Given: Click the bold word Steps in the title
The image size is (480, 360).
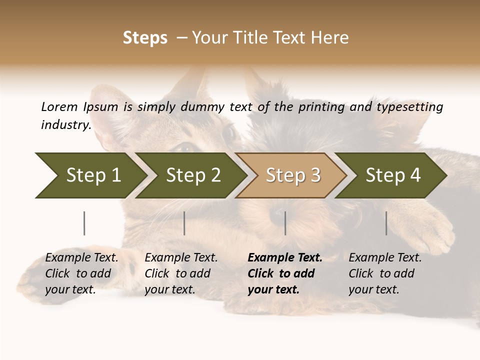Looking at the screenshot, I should [145, 38].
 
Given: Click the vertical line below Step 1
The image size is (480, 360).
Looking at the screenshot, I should [84, 223].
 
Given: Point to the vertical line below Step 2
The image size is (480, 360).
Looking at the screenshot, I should [184, 223].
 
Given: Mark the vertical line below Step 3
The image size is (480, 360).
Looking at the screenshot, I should [285, 223].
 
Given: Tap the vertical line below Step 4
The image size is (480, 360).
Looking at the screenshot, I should [386, 223].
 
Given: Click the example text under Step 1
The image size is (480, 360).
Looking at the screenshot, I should [81, 273].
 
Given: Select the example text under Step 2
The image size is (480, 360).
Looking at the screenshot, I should [181, 273].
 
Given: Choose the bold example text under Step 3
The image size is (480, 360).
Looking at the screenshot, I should [284, 273].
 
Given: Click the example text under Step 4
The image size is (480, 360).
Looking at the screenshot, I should [385, 273].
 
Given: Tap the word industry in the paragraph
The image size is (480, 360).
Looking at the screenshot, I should [65, 124].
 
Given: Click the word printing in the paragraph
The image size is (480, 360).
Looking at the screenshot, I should [321, 107].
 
